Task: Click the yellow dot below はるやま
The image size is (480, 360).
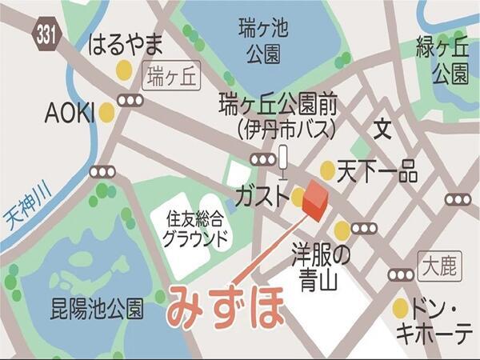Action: (123, 70)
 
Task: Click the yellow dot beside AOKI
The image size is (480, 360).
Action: (106, 113)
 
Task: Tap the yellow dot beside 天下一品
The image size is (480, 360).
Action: (327, 170)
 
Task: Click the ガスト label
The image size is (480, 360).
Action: (260, 197)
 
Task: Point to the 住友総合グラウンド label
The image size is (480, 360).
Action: (196, 226)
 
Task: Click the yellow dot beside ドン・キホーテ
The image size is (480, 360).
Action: (401, 308)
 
